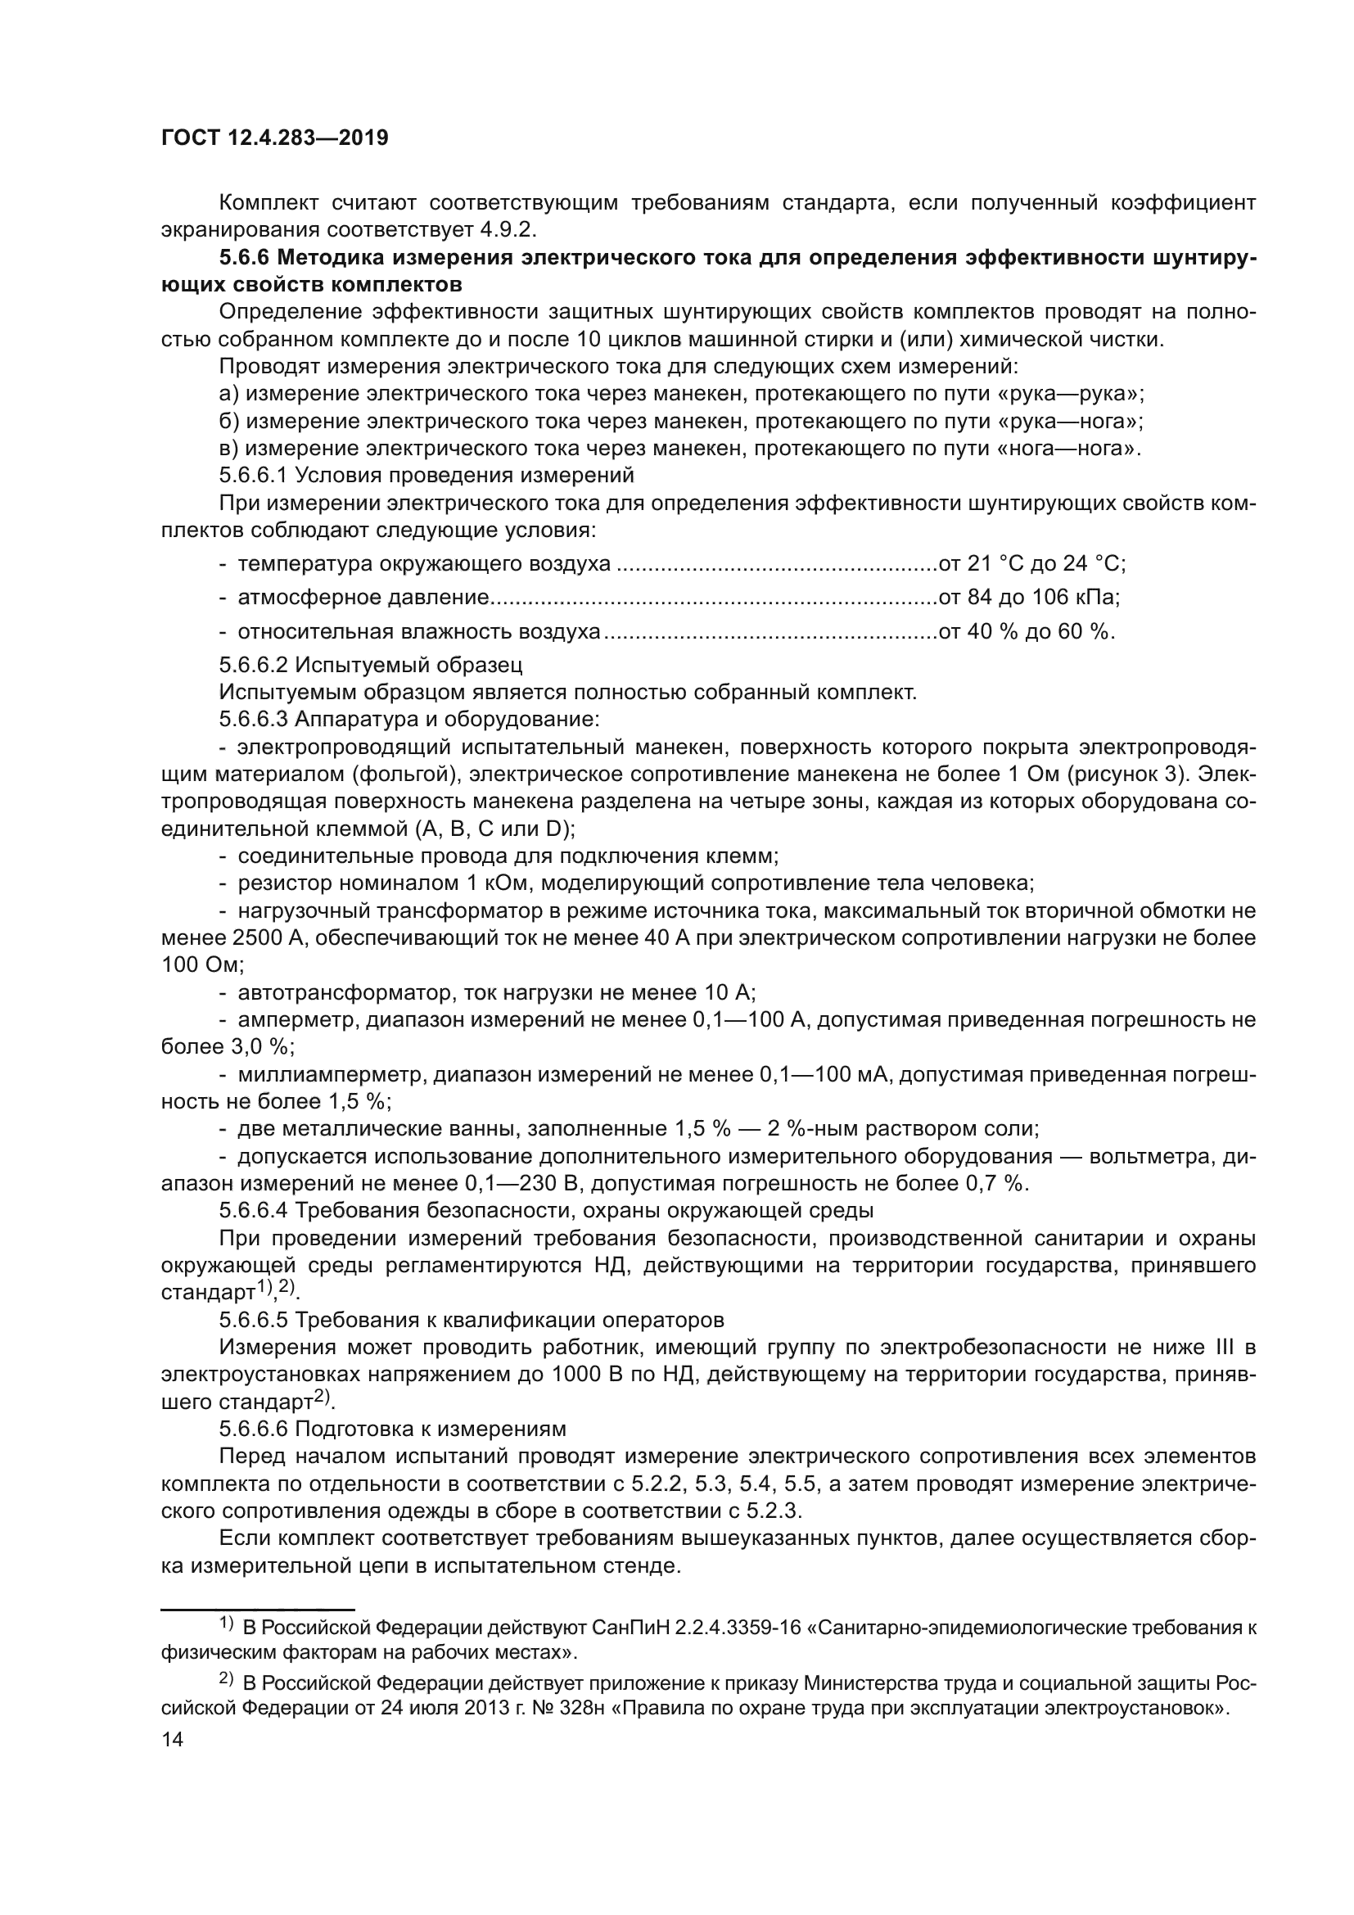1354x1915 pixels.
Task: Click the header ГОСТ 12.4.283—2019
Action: click(x=274, y=138)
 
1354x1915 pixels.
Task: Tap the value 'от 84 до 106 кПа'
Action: click(x=1029, y=597)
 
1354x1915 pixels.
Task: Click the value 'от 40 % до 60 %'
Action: click(x=1027, y=631)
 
